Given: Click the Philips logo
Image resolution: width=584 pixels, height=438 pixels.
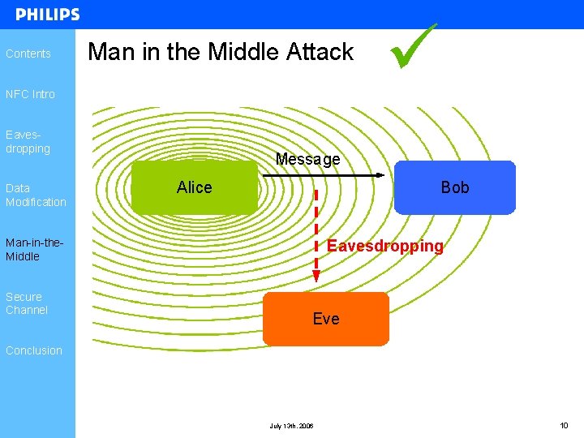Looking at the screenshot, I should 48,15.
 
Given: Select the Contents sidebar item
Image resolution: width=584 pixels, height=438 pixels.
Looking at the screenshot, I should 28,54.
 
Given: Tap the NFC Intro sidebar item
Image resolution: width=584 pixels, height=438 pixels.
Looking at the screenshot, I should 31,94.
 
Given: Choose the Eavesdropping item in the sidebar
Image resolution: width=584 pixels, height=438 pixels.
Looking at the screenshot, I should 28,142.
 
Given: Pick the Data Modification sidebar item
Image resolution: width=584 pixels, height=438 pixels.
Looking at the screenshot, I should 36,195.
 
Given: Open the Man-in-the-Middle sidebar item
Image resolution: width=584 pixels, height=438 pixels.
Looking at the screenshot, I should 34,249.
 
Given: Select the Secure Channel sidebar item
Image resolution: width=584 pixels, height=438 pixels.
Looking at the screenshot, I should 27,303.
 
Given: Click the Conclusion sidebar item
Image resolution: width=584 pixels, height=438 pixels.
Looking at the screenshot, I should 34,350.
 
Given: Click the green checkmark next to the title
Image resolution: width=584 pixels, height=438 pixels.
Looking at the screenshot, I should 412,46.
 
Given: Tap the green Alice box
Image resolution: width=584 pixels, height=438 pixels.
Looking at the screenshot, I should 194,187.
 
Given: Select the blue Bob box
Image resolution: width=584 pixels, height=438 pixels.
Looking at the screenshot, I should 454,187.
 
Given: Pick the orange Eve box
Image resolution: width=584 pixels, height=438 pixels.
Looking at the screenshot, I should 326,319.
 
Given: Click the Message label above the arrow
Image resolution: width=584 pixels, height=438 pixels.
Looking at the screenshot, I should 307,159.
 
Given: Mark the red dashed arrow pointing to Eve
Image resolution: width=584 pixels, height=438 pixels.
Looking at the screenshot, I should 316,235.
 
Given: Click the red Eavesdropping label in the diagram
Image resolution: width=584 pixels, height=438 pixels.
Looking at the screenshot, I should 384,246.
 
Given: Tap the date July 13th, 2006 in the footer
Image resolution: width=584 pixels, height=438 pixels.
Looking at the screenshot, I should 291,426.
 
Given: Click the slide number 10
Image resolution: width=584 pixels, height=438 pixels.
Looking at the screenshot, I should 564,425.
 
